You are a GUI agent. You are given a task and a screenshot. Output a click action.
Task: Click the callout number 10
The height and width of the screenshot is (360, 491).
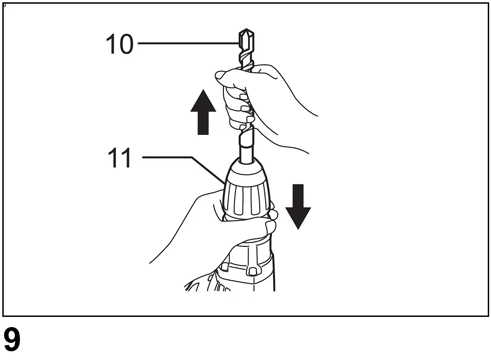coord(119,44)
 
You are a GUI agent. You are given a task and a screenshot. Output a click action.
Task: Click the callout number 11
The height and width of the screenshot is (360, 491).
coord(119,158)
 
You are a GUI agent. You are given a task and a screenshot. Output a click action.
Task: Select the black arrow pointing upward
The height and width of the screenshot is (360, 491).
coord(203,115)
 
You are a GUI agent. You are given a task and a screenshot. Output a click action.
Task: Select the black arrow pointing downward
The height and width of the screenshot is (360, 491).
coord(298,205)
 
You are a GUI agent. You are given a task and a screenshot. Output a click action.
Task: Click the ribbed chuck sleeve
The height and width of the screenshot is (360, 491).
coord(246,199)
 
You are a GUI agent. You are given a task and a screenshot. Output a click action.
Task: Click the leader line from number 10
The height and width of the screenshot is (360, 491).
coord(185,44)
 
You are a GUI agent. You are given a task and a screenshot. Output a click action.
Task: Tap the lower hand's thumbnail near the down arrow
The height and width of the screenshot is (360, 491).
coord(271,227)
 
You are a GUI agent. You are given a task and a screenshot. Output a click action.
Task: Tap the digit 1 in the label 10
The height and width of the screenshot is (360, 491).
coord(111,44)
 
